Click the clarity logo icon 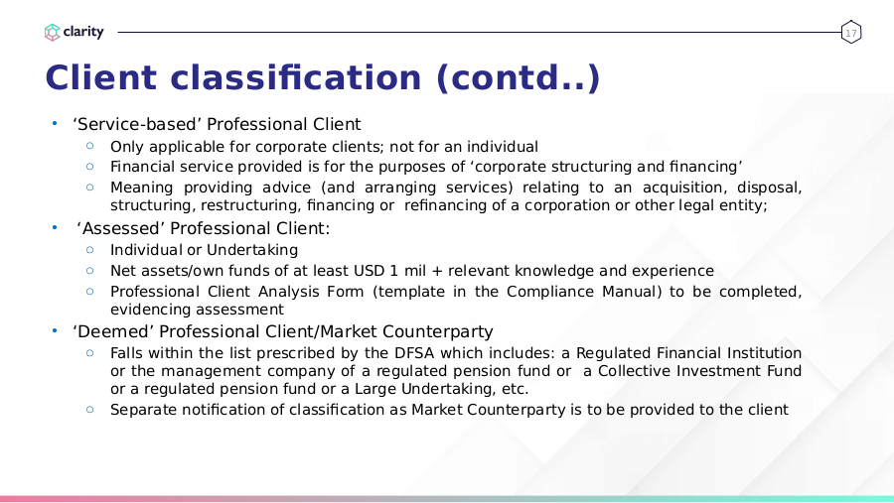(52, 32)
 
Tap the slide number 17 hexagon (850, 32)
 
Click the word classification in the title (295, 77)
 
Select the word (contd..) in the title (518, 78)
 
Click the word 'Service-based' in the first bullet (137, 124)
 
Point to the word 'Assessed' (121, 228)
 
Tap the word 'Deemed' (113, 331)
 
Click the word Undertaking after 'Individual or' (252, 250)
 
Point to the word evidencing (149, 310)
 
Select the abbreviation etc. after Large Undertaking (515, 389)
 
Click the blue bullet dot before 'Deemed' (55, 330)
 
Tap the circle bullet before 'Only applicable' (89, 146)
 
